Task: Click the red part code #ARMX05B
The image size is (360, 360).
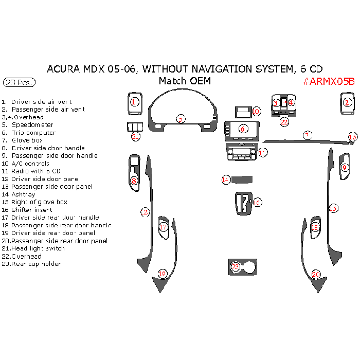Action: [x=329, y=81]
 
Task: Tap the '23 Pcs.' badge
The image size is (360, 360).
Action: [x=19, y=82]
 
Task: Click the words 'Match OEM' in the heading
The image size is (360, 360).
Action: [x=185, y=81]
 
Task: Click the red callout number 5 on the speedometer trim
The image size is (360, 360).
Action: [x=181, y=119]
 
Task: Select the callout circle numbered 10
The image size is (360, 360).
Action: [x=256, y=111]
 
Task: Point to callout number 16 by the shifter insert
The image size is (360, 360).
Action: [x=257, y=203]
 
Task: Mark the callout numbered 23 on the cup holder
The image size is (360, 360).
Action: [x=236, y=267]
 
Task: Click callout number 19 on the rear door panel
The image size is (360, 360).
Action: [x=163, y=274]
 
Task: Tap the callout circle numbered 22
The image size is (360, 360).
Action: [x=284, y=122]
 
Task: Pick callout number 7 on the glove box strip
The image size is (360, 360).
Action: [x=307, y=135]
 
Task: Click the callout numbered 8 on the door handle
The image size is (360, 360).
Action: [x=134, y=181]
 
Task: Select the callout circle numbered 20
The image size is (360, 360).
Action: [x=316, y=275]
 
